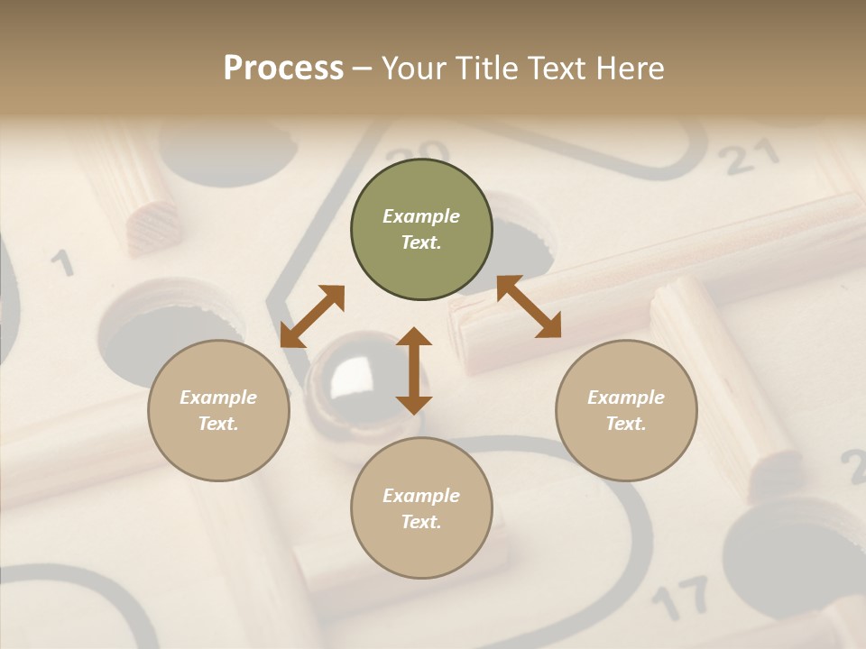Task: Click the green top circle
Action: click(x=421, y=230)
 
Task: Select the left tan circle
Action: click(x=218, y=410)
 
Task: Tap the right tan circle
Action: click(x=626, y=410)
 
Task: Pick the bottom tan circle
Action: click(x=421, y=508)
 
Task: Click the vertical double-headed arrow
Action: click(x=414, y=370)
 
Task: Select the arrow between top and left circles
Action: click(x=312, y=316)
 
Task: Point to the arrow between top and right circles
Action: click(x=529, y=306)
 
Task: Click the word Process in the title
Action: click(x=283, y=68)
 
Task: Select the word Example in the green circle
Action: click(x=421, y=216)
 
